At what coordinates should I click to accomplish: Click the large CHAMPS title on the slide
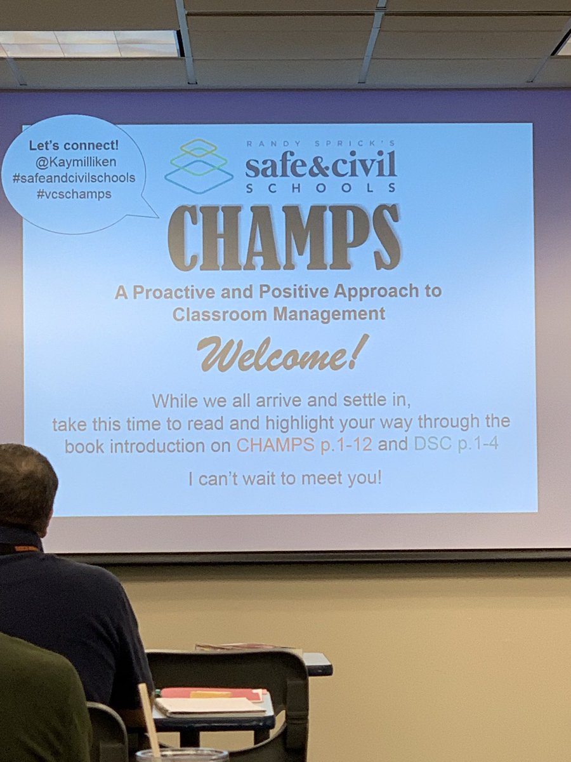[x=284, y=237]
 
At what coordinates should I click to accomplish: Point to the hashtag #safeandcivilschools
[x=74, y=178]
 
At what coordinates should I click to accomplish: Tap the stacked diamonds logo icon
[x=199, y=166]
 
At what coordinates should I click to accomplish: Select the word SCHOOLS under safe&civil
[x=321, y=187]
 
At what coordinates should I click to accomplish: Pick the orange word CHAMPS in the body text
[x=275, y=444]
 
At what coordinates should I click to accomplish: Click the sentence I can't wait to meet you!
[x=285, y=478]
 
